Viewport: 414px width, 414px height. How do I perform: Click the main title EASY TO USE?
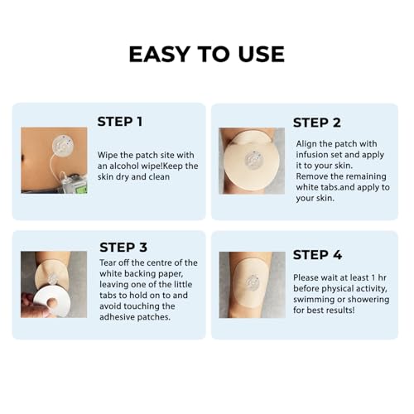click(206, 54)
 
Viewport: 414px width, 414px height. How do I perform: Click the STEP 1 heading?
click(120, 121)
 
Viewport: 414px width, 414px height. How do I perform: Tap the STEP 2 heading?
click(317, 123)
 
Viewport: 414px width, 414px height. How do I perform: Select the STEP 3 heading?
click(123, 247)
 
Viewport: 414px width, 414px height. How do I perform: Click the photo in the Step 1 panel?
click(54, 160)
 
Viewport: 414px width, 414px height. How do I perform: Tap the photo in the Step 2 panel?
click(251, 161)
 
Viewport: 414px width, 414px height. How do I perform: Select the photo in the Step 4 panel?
click(251, 284)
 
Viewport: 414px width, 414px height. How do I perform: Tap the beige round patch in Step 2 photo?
click(251, 160)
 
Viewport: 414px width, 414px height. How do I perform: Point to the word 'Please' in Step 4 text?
click(310, 276)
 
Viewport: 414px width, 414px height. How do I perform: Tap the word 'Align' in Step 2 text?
click(308, 143)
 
